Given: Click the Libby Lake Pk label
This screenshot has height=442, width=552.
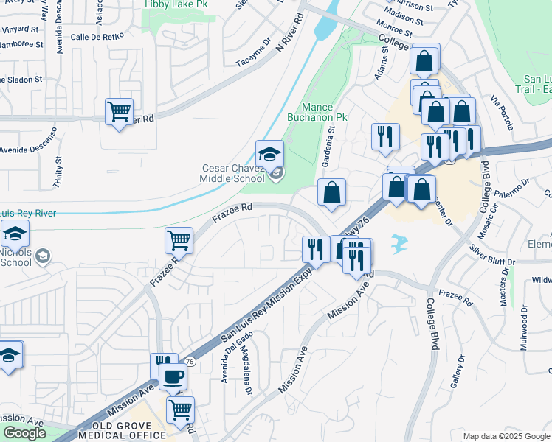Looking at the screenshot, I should pyautogui.click(x=167, y=4).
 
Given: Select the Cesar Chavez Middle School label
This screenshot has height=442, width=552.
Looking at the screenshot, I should pyautogui.click(x=233, y=173).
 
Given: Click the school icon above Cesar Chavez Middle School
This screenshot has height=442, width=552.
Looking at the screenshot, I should pyautogui.click(x=269, y=155).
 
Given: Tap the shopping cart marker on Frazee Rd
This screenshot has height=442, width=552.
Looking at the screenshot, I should pyautogui.click(x=179, y=240).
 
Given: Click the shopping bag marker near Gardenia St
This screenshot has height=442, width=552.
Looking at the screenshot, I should pyautogui.click(x=332, y=193).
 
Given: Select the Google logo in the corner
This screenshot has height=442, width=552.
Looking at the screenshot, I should pyautogui.click(x=24, y=433).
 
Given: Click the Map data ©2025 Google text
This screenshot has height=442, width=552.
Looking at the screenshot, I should pyautogui.click(x=506, y=436).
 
